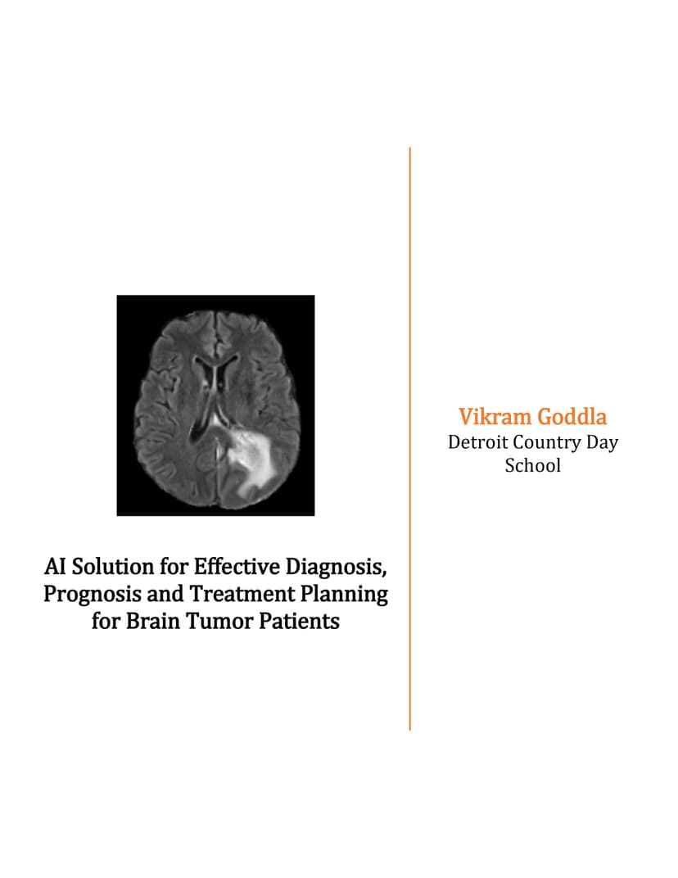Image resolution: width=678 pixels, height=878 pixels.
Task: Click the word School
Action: pos(533,465)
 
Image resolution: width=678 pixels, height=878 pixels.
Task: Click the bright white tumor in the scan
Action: pos(251,454)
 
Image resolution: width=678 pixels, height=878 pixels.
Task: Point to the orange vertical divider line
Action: pos(409,439)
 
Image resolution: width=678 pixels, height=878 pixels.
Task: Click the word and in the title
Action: pos(165,594)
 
